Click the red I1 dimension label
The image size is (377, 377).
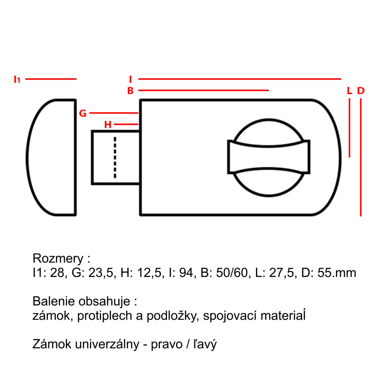coord(17,79)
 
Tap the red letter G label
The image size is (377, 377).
coord(83,113)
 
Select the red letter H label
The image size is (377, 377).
coord(108,124)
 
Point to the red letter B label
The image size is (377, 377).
coord(130,90)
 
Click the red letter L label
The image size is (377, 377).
coord(349,90)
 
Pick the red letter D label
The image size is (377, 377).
coord(361,90)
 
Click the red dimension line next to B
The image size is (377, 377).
coord(204,90)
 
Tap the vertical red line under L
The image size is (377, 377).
coord(349,128)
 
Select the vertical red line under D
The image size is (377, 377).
coord(361,157)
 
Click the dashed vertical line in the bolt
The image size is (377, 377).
coord(115,158)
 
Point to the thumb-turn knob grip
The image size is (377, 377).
coord(268,157)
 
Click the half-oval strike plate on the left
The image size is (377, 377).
coord(51,158)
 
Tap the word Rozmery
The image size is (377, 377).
coord(58,259)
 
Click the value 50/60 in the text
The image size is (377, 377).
coord(232,273)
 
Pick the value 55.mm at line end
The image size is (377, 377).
coord(337,273)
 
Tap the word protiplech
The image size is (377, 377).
coord(105,316)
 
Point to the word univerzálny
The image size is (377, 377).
coord(107,344)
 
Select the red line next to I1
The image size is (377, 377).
coord(51,79)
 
